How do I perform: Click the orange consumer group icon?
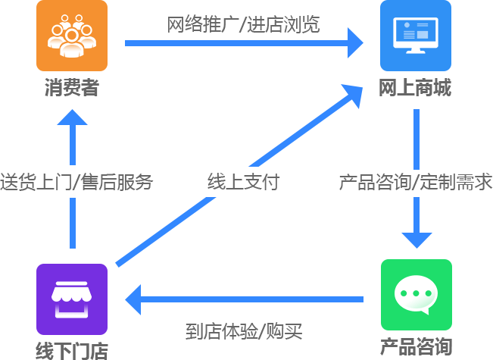[72, 36]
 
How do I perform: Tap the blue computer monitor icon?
[416, 36]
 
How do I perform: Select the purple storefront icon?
[72, 299]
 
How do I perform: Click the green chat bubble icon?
[416, 295]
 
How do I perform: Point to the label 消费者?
[72, 89]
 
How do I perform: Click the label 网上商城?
[415, 89]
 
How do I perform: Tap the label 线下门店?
[72, 350]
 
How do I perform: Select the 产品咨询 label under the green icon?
[416, 346]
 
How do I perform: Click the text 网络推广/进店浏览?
[243, 24]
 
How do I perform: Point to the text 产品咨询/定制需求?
[416, 182]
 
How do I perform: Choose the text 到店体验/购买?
[244, 331]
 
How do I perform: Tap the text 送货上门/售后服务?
[76, 182]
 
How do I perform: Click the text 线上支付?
[243, 182]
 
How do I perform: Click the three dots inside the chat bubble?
[416, 293]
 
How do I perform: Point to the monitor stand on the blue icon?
[416, 49]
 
